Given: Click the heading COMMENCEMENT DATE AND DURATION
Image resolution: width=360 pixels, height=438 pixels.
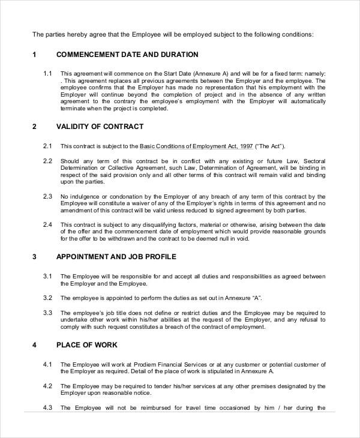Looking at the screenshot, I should pos(127,55).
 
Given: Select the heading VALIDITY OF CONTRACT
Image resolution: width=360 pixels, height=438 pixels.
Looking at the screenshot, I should pos(100,127).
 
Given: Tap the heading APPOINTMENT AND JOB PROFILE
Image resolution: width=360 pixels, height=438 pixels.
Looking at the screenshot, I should pos(116,257).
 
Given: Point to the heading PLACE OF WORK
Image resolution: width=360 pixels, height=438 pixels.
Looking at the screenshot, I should pos(86,345).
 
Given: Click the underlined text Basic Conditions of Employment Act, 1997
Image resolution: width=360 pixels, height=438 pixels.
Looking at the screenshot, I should pos(196,146).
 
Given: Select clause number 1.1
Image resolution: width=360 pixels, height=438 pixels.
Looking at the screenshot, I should pos(48,73).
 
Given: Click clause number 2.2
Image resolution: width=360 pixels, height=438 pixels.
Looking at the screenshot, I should pos(48,161).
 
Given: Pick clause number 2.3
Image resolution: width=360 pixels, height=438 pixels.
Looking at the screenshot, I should pos(48,196).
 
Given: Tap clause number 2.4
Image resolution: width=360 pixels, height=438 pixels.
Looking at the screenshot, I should pos(48,224).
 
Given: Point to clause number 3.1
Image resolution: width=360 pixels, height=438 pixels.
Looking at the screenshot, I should pos(48,276).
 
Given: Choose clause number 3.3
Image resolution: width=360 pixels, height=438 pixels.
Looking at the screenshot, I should pos(48,313).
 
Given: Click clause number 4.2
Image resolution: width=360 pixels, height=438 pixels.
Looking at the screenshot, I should pos(48,386).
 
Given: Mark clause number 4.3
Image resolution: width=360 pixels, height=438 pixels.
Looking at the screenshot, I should pos(48,408).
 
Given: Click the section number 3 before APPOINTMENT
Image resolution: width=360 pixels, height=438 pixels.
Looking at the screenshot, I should pos(34,257).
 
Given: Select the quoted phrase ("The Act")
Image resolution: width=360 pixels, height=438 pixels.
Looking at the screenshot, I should pos(270,146).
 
